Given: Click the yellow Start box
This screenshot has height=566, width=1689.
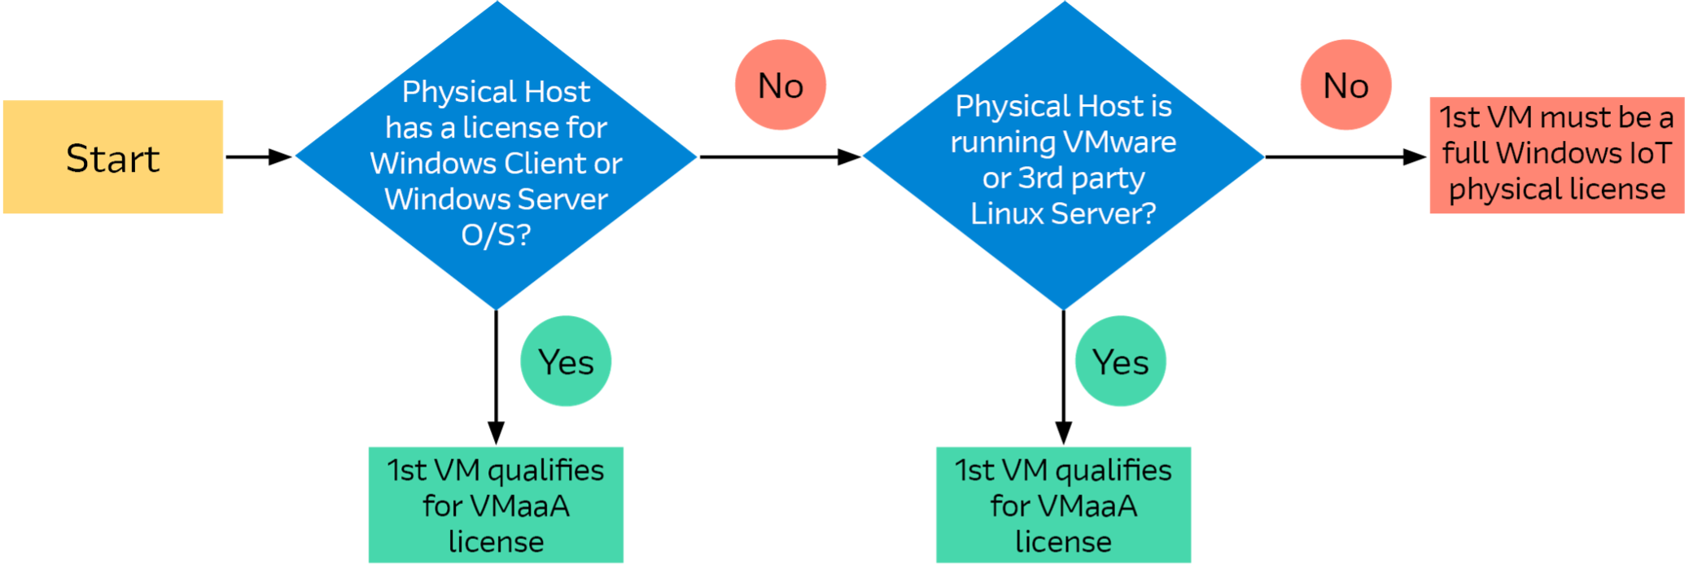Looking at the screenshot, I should point(113,157).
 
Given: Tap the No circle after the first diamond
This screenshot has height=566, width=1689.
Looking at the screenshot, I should point(781,86).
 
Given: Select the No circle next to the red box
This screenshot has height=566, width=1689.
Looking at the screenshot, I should point(1346,86).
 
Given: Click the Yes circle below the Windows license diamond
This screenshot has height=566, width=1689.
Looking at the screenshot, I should point(566,362).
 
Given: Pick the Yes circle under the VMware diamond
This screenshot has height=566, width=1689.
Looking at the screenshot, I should point(1120,362).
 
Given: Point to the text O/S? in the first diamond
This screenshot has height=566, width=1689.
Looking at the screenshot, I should point(496,235).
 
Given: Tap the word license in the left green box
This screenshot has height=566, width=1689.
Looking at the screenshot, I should point(496,542).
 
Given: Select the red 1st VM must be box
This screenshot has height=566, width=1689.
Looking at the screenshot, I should point(1556,155).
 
